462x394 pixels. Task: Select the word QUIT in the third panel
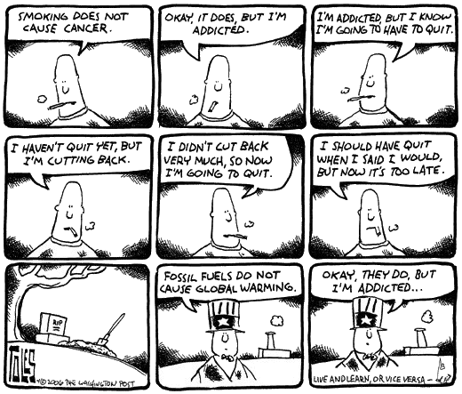click(x=440, y=29)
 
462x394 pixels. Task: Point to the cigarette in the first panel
click(x=61, y=104)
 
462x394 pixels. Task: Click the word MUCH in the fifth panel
click(x=208, y=161)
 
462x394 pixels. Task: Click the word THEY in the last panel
click(x=376, y=275)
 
